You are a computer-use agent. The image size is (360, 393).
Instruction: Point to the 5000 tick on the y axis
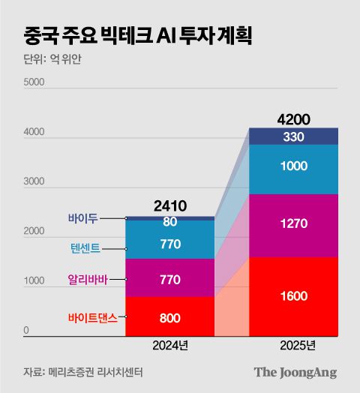coord(34,82)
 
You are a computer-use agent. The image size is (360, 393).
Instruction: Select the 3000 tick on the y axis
coord(34,182)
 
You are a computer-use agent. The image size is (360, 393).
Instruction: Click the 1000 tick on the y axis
coord(34,281)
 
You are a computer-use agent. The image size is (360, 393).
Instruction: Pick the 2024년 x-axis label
coord(169,346)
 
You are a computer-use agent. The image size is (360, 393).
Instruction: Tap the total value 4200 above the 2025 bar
coord(293,119)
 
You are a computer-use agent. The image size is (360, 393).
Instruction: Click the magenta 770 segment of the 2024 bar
coord(169,278)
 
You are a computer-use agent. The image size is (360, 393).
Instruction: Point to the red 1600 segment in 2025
coord(293,296)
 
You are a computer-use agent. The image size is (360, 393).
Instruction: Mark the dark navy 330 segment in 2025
coord(293,136)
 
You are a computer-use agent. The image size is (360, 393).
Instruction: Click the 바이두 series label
coord(82,218)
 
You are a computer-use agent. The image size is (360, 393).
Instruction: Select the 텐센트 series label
coord(80,248)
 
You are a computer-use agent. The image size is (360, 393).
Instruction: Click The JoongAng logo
coord(295,372)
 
